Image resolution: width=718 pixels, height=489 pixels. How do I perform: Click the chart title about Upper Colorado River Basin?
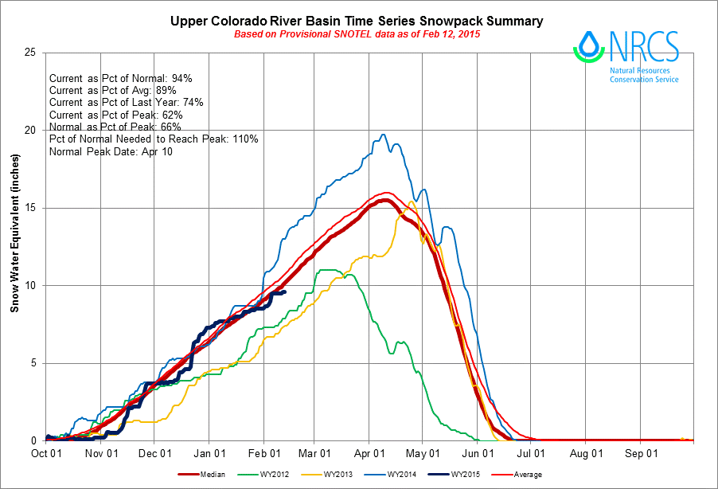click(357, 21)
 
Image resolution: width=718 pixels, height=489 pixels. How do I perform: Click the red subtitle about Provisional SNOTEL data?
click(357, 34)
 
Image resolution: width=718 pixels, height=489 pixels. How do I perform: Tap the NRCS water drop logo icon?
click(588, 45)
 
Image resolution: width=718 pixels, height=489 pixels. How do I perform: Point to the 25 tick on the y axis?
click(31, 53)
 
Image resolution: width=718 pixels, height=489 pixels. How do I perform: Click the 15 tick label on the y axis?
click(31, 208)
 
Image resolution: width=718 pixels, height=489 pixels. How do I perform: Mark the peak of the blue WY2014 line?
click(384, 135)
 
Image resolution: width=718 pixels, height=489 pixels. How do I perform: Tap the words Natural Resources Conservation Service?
click(644, 76)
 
